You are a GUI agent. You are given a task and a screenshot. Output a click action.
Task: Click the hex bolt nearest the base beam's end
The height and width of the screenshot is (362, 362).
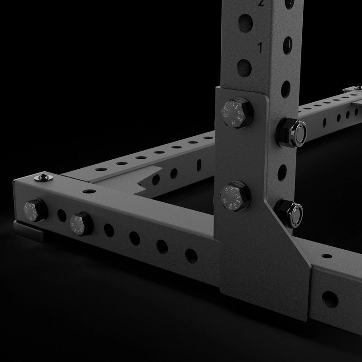pyautogui.click(x=34, y=210)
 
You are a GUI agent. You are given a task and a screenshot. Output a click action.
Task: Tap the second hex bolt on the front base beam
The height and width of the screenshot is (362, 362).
pyautogui.click(x=81, y=223)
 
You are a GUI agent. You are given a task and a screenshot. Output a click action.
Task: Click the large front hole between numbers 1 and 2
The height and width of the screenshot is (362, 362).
pyautogui.click(x=244, y=21)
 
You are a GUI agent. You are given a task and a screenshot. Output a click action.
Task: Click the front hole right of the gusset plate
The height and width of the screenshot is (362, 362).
pyautogui.click(x=329, y=298)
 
